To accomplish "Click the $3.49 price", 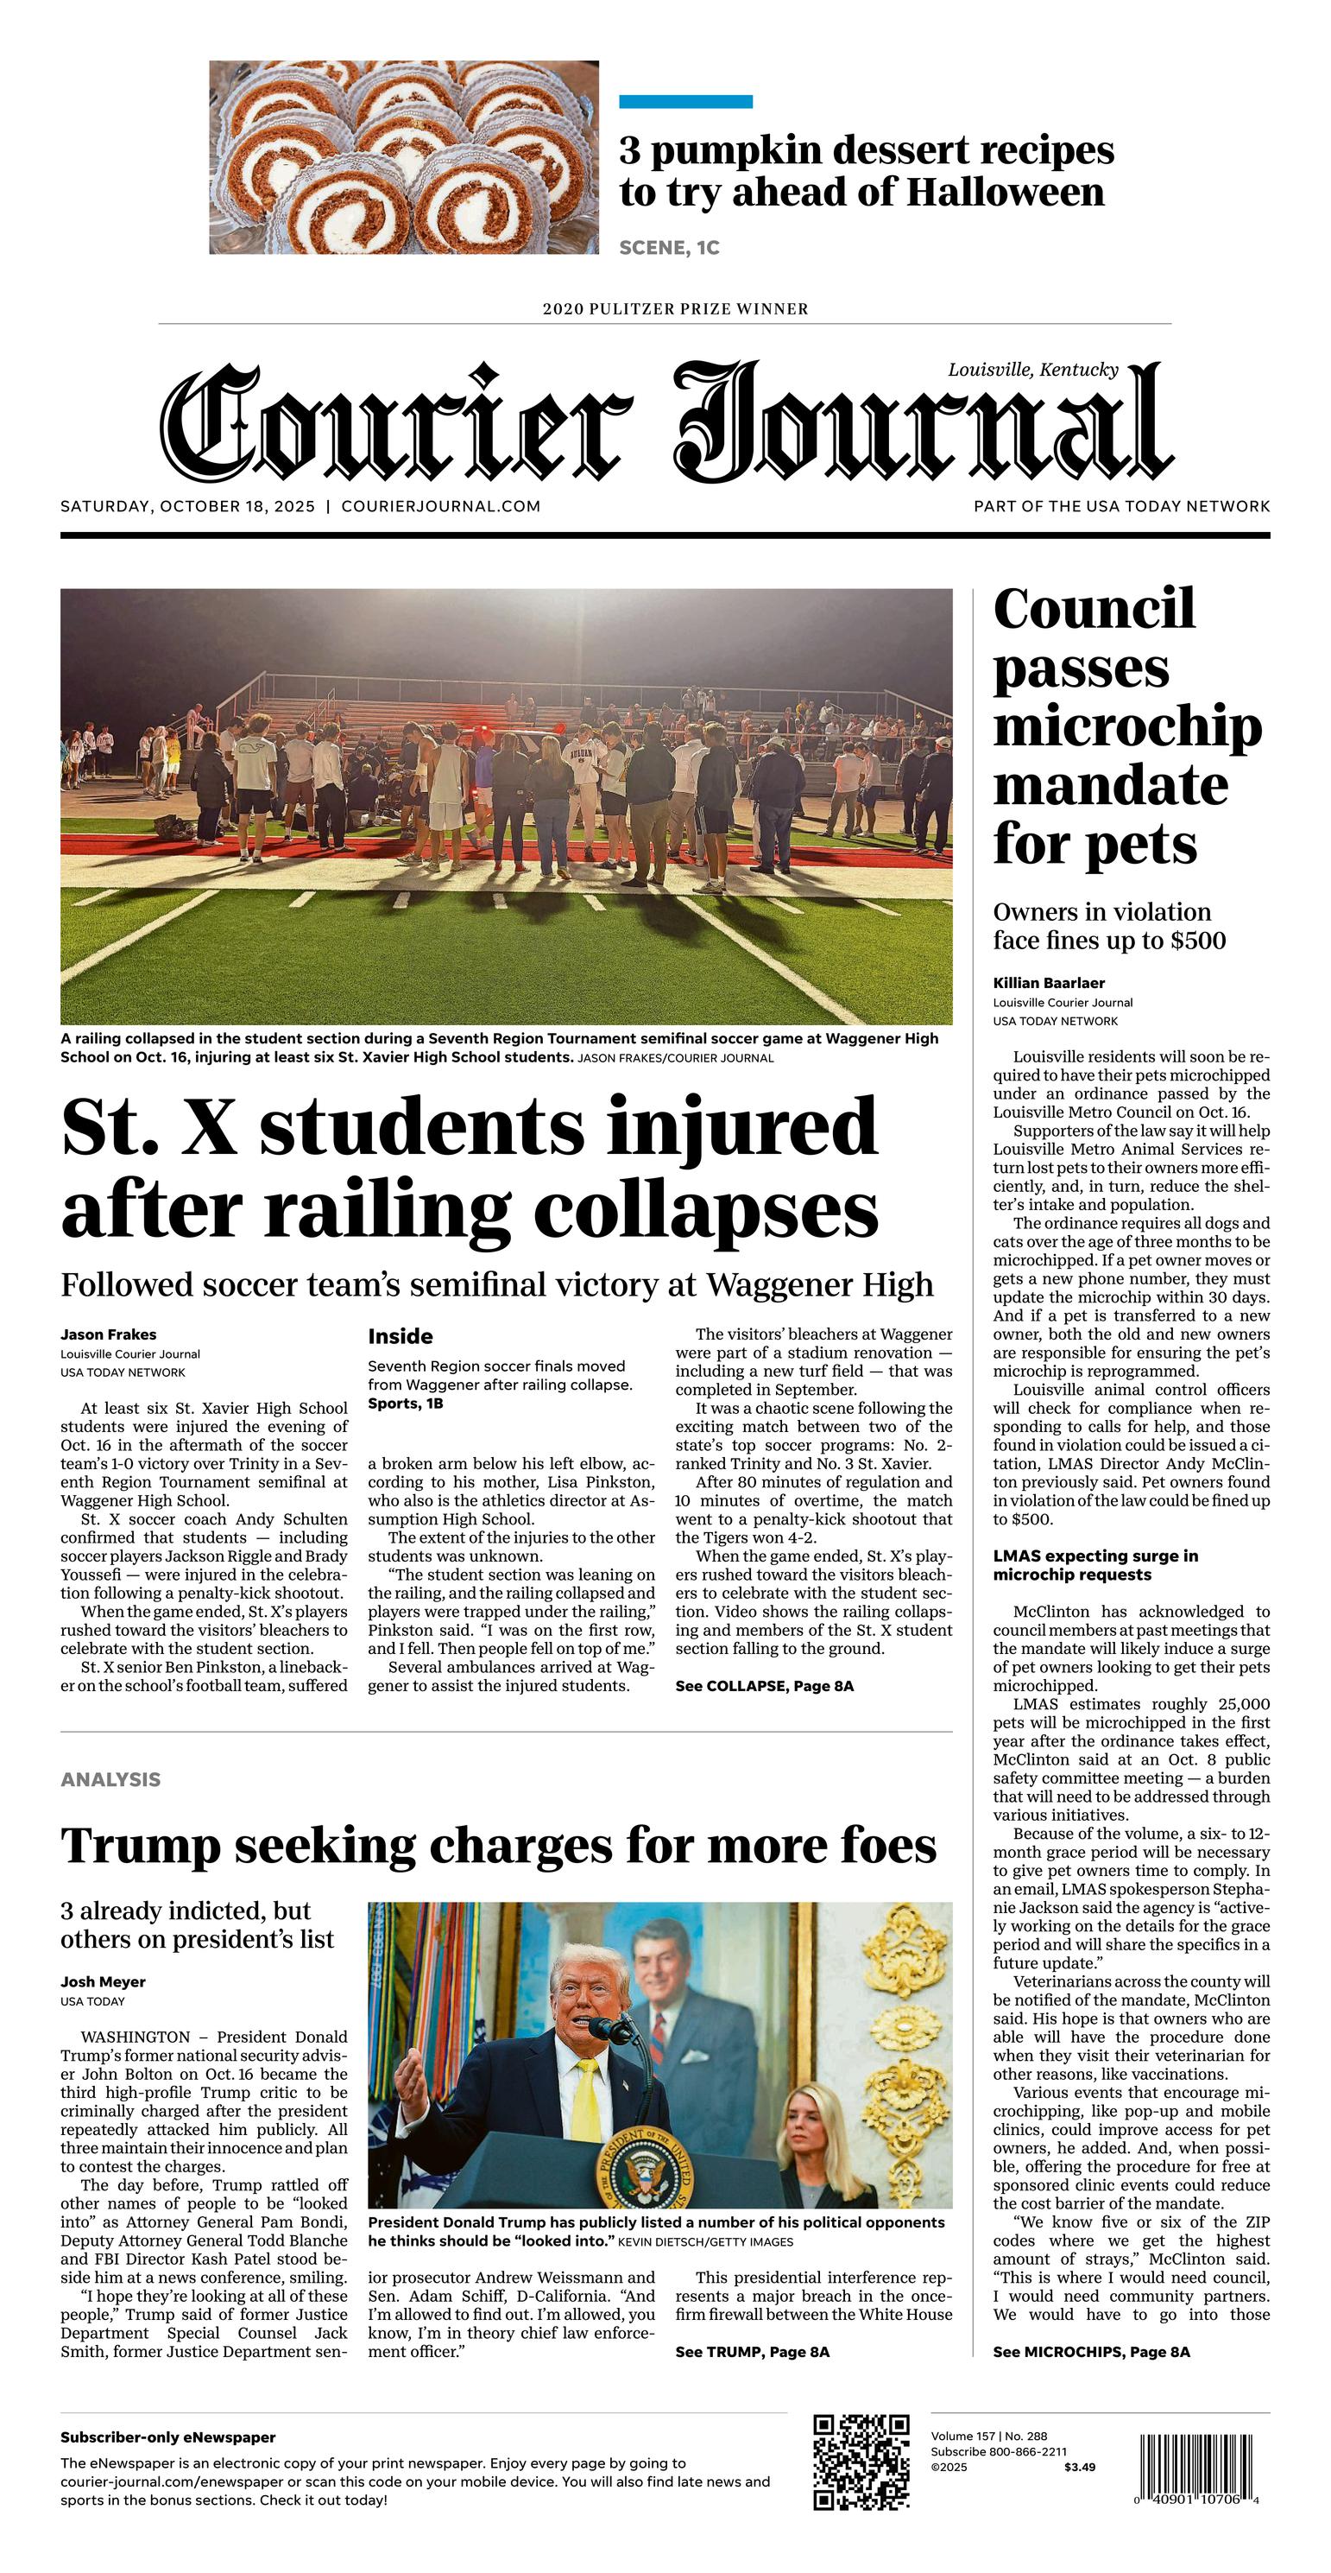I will (x=1079, y=2467).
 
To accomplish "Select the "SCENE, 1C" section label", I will (x=669, y=248).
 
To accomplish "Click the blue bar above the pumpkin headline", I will (x=685, y=102).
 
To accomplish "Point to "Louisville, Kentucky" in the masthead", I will (x=1033, y=370).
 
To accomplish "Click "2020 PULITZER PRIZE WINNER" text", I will (x=675, y=308).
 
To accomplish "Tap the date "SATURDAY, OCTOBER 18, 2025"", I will (x=187, y=506).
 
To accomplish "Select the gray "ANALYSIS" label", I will (x=110, y=1779).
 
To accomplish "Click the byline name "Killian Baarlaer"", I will (x=1049, y=983).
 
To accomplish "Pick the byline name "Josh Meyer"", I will (x=103, y=1981).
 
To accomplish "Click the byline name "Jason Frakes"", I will (x=108, y=1334).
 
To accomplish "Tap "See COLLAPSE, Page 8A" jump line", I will (x=764, y=1686).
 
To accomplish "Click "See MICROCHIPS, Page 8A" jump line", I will (x=1091, y=2351).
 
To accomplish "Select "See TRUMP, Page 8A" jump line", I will (x=752, y=2351).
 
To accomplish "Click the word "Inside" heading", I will (x=401, y=1336).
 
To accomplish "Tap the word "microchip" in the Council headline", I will (x=1127, y=726).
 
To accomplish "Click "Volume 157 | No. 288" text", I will (x=988, y=2437).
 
